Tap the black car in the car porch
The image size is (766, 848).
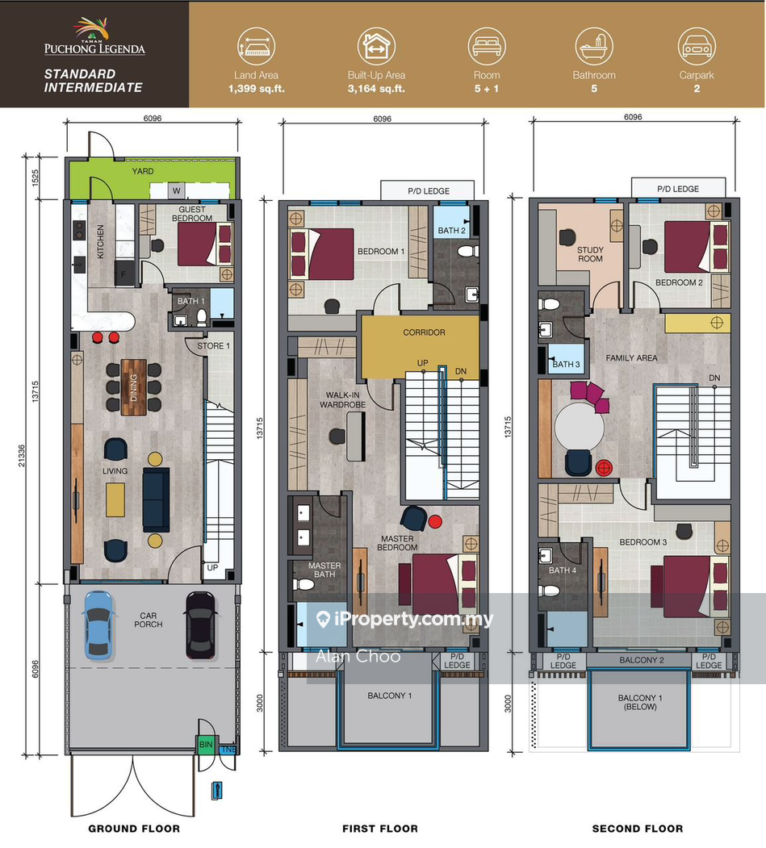(x=199, y=625)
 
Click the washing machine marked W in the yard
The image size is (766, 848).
(x=176, y=190)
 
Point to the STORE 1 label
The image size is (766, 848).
(x=213, y=347)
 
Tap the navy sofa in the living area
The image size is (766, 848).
(x=155, y=499)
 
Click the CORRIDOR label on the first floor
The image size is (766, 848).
(x=424, y=332)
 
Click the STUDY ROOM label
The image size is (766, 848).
(x=590, y=254)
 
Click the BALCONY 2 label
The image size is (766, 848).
(x=641, y=660)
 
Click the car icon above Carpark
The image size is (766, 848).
(x=697, y=46)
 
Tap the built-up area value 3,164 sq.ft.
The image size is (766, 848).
(x=376, y=89)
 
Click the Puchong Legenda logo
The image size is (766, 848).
(x=94, y=39)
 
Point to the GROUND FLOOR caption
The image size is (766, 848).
(x=134, y=829)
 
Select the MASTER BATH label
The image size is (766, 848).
(x=324, y=570)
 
